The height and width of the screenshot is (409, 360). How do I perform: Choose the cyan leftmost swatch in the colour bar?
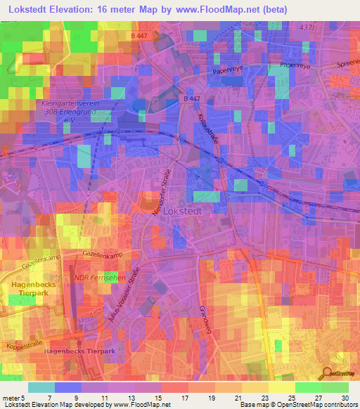click(x=41, y=387)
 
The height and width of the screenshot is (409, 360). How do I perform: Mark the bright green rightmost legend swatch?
click(x=335, y=387)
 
